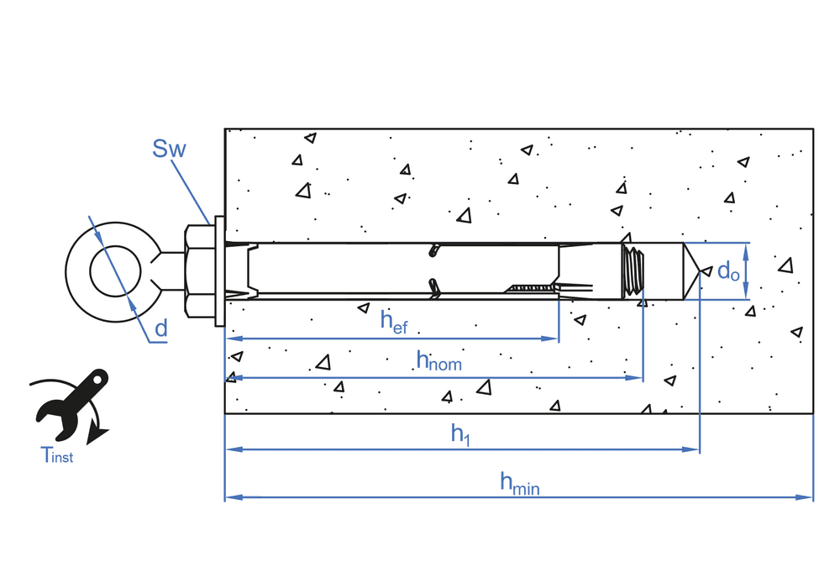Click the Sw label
point(168,150)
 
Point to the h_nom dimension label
point(438,360)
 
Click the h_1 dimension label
point(460,433)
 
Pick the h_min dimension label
point(518,482)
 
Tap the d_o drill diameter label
point(727,271)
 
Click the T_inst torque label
point(57,456)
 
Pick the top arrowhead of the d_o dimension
point(746,249)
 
